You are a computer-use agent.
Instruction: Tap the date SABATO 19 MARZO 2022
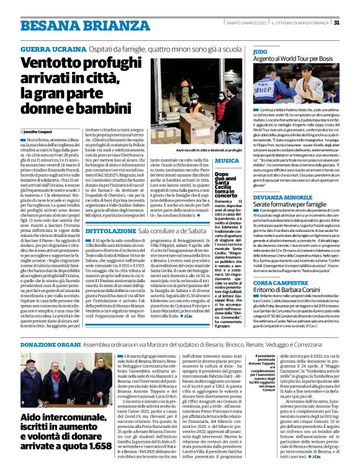(x=245, y=23)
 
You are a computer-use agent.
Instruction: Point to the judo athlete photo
(x=295, y=85)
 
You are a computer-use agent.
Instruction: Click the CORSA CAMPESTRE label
(x=281, y=283)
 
